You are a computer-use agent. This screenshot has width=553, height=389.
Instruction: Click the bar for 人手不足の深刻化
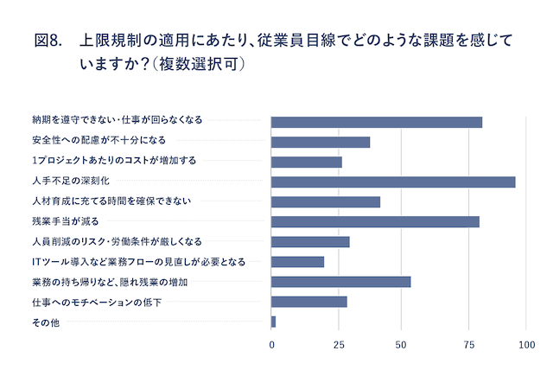[393, 182]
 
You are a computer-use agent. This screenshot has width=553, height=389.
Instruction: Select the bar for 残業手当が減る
[375, 221]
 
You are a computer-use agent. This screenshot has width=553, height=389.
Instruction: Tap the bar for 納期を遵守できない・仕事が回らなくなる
[377, 122]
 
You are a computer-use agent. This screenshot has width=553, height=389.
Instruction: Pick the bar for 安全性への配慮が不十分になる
[321, 142]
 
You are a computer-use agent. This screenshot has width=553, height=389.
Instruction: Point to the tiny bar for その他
[274, 322]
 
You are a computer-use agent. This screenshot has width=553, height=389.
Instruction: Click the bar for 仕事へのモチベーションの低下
[309, 302]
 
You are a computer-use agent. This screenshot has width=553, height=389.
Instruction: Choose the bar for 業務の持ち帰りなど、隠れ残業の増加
[341, 282]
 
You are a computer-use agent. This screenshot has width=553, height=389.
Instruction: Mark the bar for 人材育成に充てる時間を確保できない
[326, 201]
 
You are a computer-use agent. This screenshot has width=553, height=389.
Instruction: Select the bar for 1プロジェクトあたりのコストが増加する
[307, 162]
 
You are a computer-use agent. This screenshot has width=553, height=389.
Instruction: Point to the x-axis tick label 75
[464, 345]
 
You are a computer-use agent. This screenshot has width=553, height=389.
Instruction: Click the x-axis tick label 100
[526, 345]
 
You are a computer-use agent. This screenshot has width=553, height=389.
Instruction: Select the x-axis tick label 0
[272, 345]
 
